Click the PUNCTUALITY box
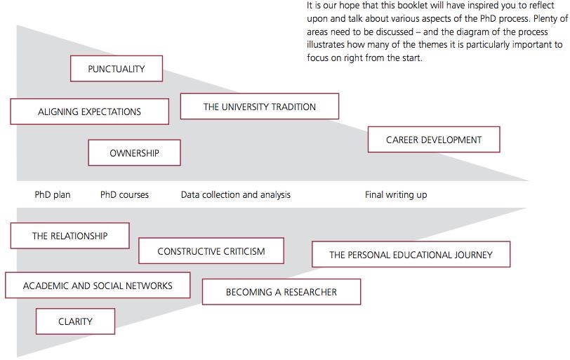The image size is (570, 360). [x=117, y=69]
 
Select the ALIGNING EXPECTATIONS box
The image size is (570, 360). [x=90, y=112]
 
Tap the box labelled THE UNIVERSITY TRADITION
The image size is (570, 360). [x=260, y=107]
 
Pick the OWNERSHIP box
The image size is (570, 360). [x=134, y=153]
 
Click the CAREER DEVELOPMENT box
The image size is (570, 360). [x=434, y=140]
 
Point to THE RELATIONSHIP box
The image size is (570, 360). [x=69, y=236]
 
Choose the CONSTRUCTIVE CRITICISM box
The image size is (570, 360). [x=211, y=251]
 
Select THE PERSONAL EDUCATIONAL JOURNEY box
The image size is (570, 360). [x=411, y=254]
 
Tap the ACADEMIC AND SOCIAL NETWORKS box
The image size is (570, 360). [x=98, y=286]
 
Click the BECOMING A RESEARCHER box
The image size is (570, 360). [x=281, y=292]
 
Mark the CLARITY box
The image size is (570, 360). [x=75, y=321]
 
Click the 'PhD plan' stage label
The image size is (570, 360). [x=53, y=194]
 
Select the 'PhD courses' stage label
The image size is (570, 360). [x=124, y=194]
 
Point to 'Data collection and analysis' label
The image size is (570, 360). [x=235, y=194]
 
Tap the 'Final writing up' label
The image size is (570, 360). [x=396, y=194]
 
